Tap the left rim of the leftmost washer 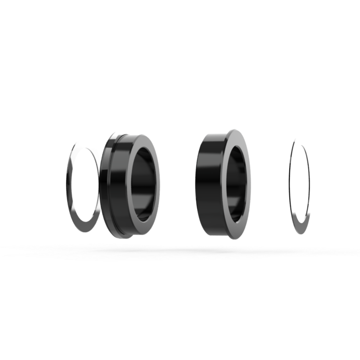click(x=69, y=183)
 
